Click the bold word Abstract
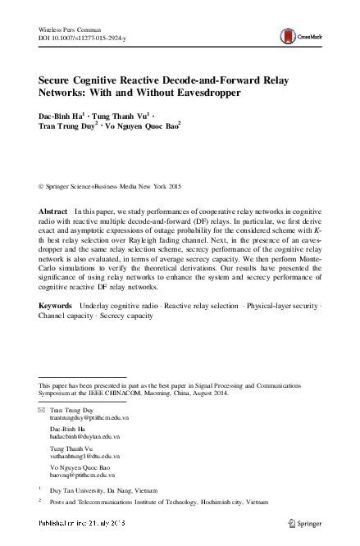53,212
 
